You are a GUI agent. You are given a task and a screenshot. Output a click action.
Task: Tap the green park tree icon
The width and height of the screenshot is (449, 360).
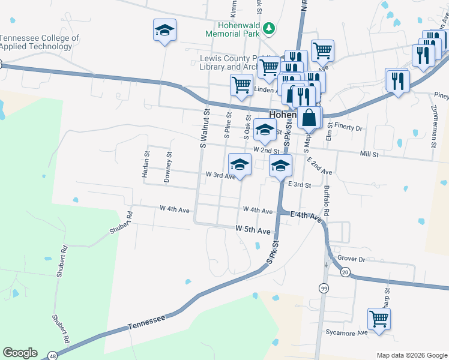[x=270, y=28]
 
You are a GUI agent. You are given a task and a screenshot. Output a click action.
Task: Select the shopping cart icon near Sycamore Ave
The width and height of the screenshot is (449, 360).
[x=379, y=319]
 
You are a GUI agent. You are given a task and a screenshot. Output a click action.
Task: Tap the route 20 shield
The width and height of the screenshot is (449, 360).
[x=345, y=272]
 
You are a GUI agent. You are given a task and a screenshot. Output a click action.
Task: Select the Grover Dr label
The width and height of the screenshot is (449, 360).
[x=351, y=259]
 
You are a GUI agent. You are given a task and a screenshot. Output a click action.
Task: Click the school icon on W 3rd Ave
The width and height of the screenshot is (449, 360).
[x=240, y=164]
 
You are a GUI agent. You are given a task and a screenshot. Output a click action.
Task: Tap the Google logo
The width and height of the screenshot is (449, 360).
[x=20, y=353]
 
